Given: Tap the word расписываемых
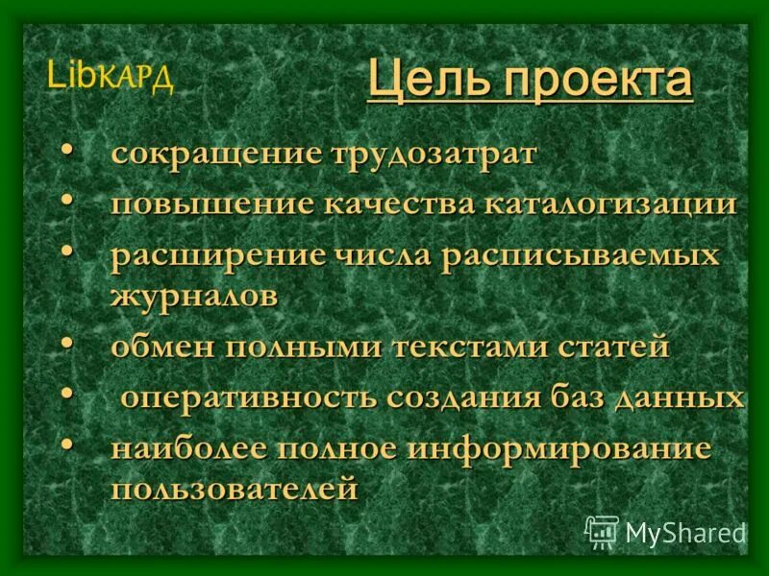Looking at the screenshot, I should point(581,256).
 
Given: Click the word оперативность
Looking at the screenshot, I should point(247,396).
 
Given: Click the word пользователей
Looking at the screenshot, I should point(234,488).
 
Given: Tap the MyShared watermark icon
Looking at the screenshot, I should point(602,531).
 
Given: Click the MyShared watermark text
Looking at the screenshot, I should point(685,532).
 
